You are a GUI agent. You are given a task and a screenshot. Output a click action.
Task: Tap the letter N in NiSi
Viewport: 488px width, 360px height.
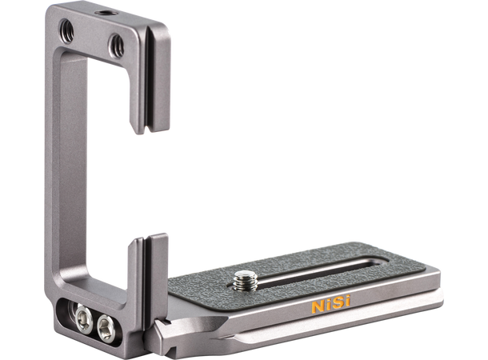point(318,306)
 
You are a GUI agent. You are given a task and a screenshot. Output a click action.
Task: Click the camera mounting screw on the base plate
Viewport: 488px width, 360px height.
point(246,280)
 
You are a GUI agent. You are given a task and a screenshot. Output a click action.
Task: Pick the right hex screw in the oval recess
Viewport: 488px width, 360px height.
point(106,328)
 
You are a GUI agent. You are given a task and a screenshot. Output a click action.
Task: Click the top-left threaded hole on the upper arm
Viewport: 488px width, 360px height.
point(66,31)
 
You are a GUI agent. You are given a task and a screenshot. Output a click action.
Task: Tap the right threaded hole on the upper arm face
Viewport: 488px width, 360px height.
point(116,46)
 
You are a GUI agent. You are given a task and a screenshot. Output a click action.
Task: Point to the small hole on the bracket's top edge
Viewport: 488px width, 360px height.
point(106,14)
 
